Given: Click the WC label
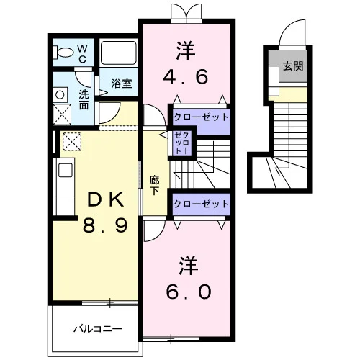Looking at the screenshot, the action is click(x=82, y=54).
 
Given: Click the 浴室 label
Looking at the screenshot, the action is click(x=122, y=83).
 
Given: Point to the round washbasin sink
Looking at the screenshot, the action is click(x=60, y=95).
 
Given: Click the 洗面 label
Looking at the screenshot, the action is click(x=84, y=100).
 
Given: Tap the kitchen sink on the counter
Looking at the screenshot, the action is click(x=66, y=170).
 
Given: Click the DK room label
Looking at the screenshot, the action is click(x=106, y=200).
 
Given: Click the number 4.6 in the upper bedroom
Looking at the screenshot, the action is click(x=185, y=77).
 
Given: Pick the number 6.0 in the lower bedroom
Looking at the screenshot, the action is click(x=189, y=292).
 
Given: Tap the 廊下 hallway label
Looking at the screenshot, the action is click(x=154, y=185).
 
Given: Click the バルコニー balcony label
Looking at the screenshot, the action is click(x=98, y=329).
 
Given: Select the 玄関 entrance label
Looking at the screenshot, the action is click(x=293, y=66).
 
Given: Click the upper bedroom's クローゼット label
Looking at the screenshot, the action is click(x=201, y=117).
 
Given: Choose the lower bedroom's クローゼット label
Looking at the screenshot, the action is click(x=201, y=204).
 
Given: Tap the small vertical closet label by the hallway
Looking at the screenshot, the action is click(x=183, y=143).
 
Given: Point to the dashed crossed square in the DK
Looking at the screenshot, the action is click(x=72, y=141).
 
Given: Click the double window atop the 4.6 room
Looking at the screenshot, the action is click(x=186, y=14).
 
